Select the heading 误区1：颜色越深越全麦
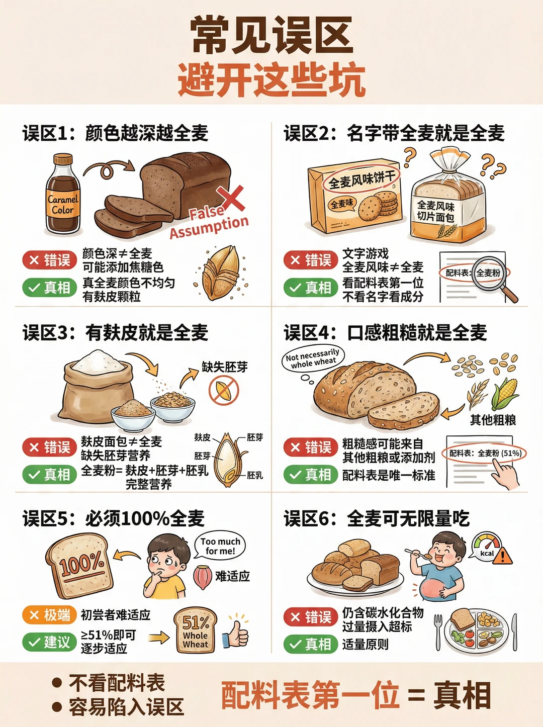click(x=115, y=133)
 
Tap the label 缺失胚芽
click(x=225, y=367)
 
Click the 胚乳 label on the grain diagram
click(x=255, y=475)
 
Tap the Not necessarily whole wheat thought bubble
click(x=313, y=358)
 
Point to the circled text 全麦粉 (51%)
click(x=486, y=453)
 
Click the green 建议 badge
click(x=49, y=642)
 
